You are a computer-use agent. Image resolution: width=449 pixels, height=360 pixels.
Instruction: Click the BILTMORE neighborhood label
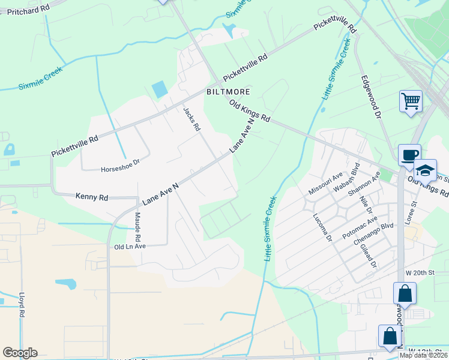click(228, 92)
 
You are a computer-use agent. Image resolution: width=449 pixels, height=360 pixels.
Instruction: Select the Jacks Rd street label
click(191, 119)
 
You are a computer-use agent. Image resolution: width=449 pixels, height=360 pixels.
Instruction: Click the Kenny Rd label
click(92, 196)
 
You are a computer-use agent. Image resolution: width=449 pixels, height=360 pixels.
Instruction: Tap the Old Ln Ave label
click(130, 247)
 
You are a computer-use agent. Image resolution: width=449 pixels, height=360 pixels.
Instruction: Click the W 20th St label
click(419, 272)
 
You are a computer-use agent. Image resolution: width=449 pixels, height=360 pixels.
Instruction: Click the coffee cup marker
click(409, 155)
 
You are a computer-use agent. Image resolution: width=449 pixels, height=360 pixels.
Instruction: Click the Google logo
click(20, 353)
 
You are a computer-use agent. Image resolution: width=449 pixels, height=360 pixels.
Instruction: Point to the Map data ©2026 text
click(423, 355)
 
